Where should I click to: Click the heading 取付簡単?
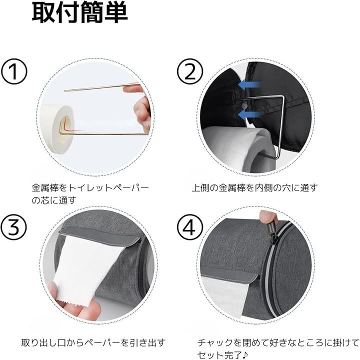[x=79, y=13]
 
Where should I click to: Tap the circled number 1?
[x=14, y=71]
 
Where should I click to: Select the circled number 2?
[x=190, y=71]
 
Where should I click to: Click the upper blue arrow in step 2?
[x=249, y=85]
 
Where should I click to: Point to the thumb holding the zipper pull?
[x=267, y=217]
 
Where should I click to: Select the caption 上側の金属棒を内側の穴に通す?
[x=255, y=188]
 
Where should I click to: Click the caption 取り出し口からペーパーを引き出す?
[x=93, y=343]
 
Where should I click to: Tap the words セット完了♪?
[x=222, y=354]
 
